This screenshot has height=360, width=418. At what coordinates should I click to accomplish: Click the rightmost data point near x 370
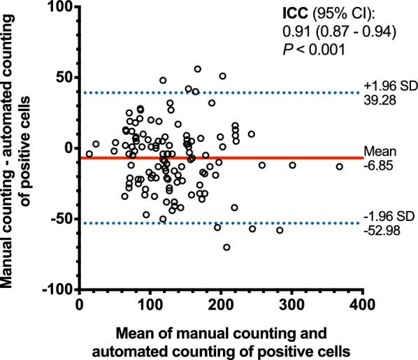pyautogui.click(x=340, y=166)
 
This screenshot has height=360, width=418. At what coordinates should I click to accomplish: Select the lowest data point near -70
pyautogui.click(x=226, y=247)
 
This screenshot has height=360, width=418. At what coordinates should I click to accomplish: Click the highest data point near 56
pyautogui.click(x=198, y=69)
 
